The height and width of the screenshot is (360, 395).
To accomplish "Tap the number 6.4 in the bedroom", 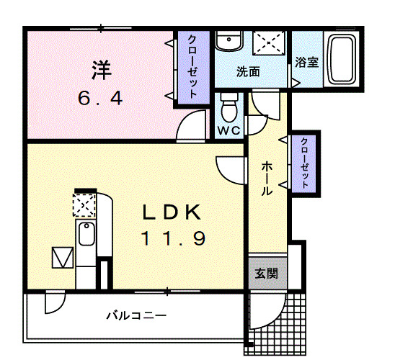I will [x=100, y=96].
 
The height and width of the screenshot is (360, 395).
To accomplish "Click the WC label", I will [x=229, y=130].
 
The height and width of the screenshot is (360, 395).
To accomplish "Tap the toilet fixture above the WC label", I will [x=229, y=108].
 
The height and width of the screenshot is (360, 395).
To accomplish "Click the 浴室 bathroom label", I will [x=307, y=62].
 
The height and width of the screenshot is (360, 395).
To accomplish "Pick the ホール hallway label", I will [x=265, y=178].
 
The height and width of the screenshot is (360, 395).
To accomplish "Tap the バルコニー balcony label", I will [x=136, y=315].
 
